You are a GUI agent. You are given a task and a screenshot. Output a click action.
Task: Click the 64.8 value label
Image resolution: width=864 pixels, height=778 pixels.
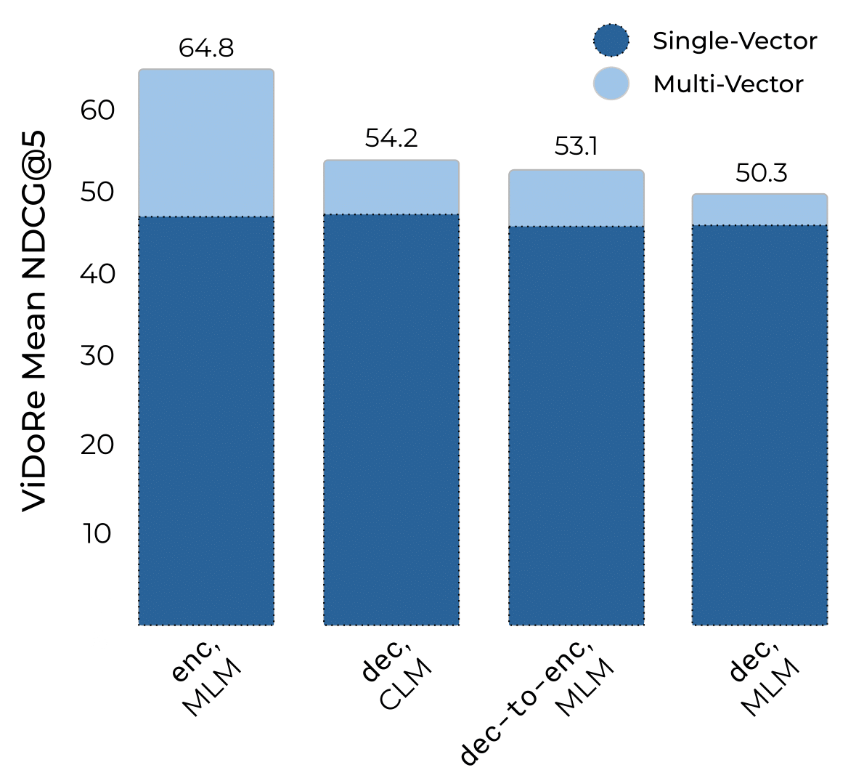coord(206,49)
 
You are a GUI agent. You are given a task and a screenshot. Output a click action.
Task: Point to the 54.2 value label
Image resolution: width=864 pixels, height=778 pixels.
coord(391,139)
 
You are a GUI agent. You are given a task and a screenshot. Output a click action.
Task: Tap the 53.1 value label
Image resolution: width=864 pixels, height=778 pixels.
coord(576,147)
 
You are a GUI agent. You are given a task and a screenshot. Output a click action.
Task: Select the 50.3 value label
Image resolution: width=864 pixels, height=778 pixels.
coord(761,174)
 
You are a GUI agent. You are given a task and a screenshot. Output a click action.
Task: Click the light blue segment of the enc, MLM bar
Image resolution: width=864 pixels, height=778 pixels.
coord(206,143)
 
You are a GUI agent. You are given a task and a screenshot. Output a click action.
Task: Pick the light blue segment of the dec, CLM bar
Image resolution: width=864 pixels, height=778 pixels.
coord(391,187)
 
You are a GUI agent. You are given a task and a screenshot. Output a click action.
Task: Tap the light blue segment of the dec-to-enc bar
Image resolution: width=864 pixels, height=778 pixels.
coord(576,198)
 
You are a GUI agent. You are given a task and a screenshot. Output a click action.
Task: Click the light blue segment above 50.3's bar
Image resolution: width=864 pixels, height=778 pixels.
coord(760,210)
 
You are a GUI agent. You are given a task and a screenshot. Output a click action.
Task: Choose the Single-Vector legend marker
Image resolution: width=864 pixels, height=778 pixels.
coord(611,41)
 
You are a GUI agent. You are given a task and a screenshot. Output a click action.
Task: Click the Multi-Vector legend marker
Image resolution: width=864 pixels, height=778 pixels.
coord(611,84)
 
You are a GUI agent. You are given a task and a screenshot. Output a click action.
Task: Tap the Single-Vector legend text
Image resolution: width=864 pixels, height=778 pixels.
coord(735,41)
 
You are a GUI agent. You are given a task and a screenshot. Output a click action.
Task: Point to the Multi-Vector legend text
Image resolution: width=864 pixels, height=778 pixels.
coord(728,84)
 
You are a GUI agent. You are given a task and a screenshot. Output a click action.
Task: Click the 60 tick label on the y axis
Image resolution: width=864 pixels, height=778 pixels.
coord(97,110)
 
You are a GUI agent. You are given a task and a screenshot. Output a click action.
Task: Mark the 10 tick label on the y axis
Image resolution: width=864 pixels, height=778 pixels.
coord(97,534)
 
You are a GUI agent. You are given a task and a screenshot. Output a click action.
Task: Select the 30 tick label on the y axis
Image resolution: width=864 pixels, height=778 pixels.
coord(97,356)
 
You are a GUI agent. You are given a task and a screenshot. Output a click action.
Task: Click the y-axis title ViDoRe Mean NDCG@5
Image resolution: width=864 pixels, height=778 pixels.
coord(34,320)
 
